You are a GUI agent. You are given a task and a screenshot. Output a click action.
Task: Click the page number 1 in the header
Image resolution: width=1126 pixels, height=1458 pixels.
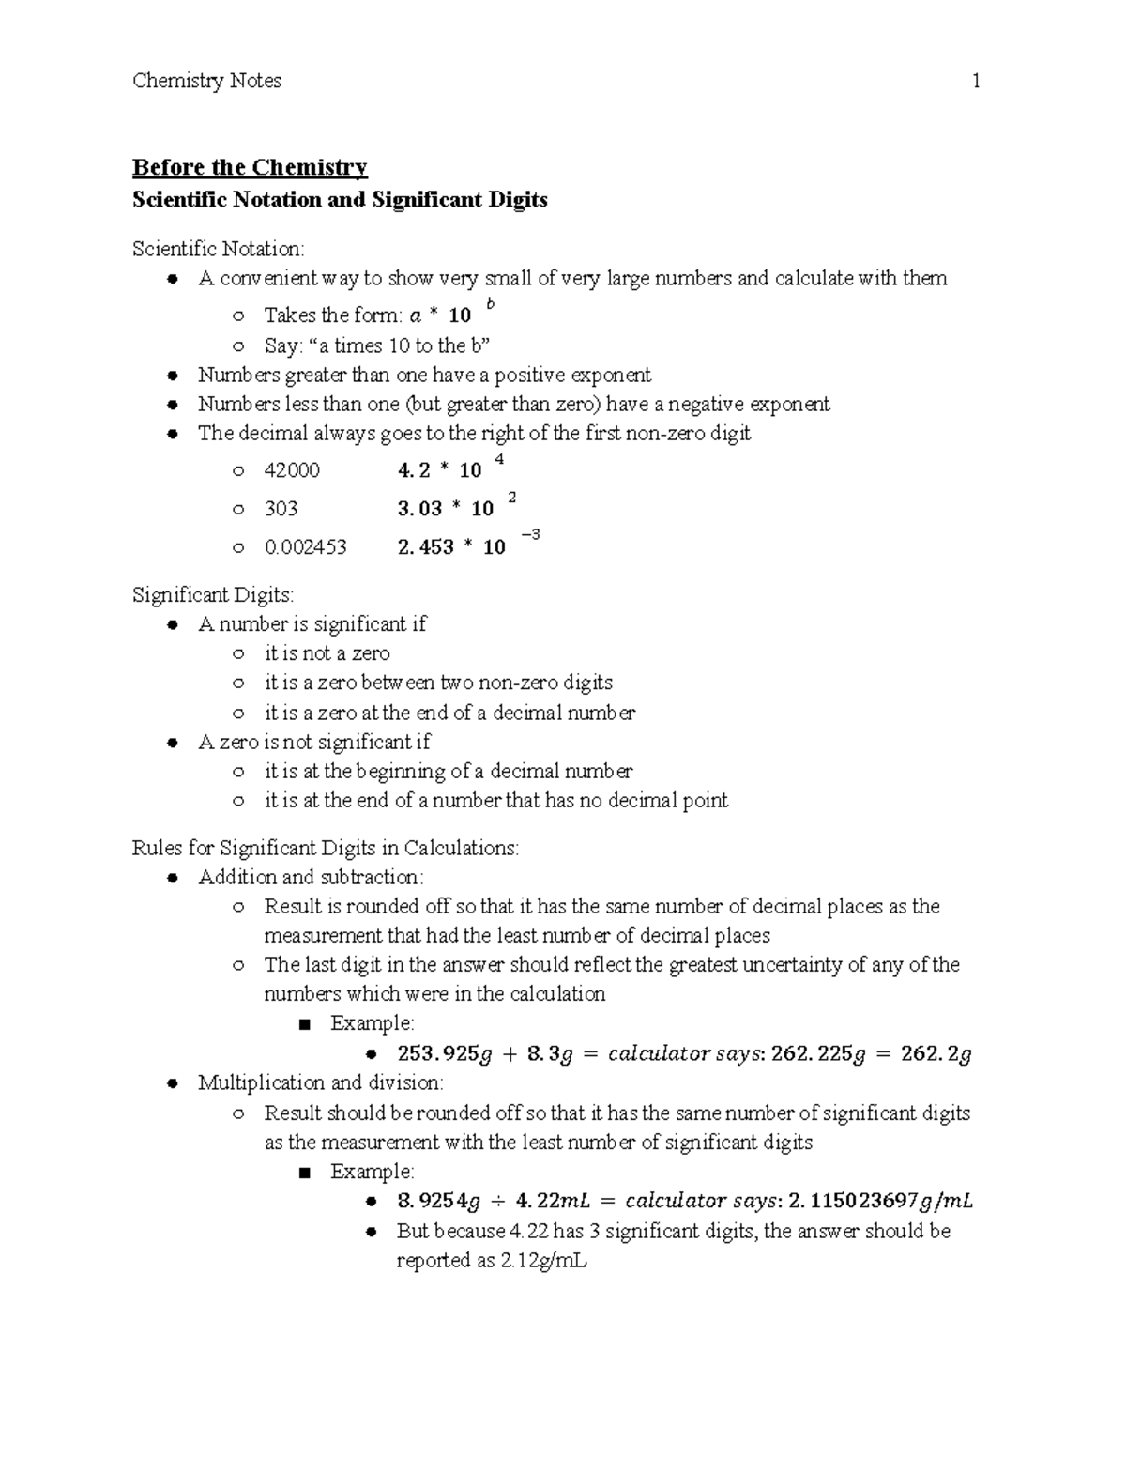(976, 82)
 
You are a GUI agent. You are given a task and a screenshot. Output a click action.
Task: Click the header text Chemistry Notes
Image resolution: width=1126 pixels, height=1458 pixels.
(206, 82)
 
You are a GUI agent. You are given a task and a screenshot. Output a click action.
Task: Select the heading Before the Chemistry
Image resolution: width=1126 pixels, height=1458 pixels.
(250, 168)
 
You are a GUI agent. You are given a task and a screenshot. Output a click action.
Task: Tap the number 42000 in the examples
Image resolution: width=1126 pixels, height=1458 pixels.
(292, 470)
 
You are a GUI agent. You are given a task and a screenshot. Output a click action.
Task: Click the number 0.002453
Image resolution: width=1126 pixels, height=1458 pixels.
(305, 547)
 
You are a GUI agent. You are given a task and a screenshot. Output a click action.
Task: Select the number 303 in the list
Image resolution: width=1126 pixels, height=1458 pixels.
(281, 509)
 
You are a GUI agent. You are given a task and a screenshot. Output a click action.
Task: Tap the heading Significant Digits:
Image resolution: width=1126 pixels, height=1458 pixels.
(213, 595)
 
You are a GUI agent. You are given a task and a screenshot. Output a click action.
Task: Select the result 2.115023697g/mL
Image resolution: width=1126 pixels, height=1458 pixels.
(881, 1201)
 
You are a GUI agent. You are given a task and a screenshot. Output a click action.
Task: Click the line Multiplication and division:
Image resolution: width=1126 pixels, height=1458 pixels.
(321, 1083)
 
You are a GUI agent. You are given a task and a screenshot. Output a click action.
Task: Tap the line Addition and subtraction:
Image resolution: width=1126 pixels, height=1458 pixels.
(311, 878)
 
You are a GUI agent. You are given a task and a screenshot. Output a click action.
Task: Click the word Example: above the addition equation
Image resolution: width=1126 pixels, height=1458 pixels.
(372, 1023)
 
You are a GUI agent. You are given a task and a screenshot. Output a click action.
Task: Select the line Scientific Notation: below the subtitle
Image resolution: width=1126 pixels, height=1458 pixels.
(218, 249)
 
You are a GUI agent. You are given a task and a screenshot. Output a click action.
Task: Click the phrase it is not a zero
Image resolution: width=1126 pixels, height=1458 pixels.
(327, 653)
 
